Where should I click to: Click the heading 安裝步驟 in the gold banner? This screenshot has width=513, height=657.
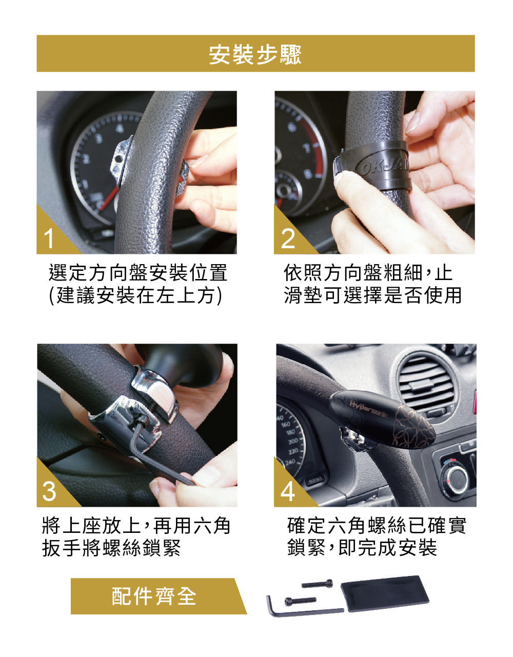[x=255, y=55]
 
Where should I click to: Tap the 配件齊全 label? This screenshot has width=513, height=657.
[x=154, y=596]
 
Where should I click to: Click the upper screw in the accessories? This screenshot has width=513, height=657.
[x=317, y=584]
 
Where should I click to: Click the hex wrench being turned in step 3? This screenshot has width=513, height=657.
[x=160, y=453]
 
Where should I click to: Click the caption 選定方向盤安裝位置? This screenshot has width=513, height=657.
[x=138, y=272]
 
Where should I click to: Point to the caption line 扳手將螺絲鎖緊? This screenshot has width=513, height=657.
[x=111, y=548]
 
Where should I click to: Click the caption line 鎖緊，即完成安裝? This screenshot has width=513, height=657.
[x=362, y=548]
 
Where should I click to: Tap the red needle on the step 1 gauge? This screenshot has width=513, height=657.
[x=109, y=198]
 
